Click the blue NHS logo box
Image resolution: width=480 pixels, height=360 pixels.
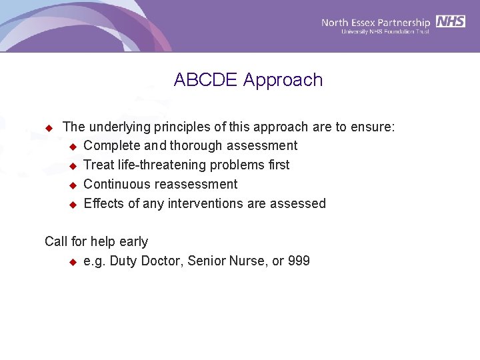(x=451, y=21)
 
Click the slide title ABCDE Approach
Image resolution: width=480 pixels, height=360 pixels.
(x=248, y=80)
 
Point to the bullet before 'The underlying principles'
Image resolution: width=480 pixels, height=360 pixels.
(x=48, y=127)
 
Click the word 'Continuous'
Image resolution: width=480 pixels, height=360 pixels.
(x=117, y=184)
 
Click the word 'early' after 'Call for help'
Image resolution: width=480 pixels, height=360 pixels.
(x=133, y=241)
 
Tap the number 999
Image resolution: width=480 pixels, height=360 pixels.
(x=299, y=261)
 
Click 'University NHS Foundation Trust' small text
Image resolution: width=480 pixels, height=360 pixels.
(x=386, y=31)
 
